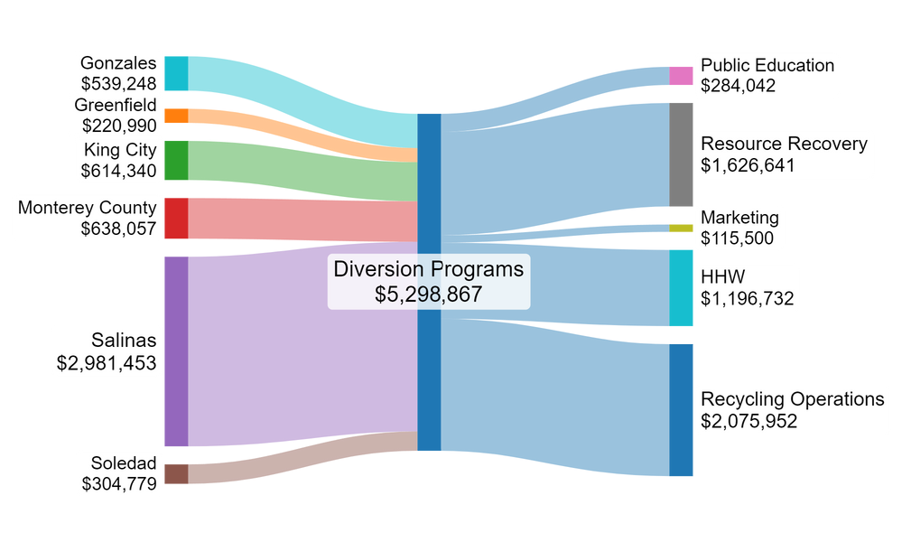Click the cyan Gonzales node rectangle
coord(176,73)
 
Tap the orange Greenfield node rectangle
coord(176,116)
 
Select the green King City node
coord(176,160)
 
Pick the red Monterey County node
coord(176,218)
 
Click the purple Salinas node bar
coord(176,351)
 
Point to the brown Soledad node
coord(176,473)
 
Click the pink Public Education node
coord(681,76)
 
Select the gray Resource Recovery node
coord(681,154)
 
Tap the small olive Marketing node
coord(681,228)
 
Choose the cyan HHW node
coord(681,287)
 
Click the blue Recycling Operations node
coord(681,409)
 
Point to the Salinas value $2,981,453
coord(106,363)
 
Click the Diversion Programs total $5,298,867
coord(428,294)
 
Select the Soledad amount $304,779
coord(118,483)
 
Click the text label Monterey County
coord(87,208)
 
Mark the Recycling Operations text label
coord(792,399)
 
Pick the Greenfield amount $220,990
coord(118,126)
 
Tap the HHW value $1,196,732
coord(748,297)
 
